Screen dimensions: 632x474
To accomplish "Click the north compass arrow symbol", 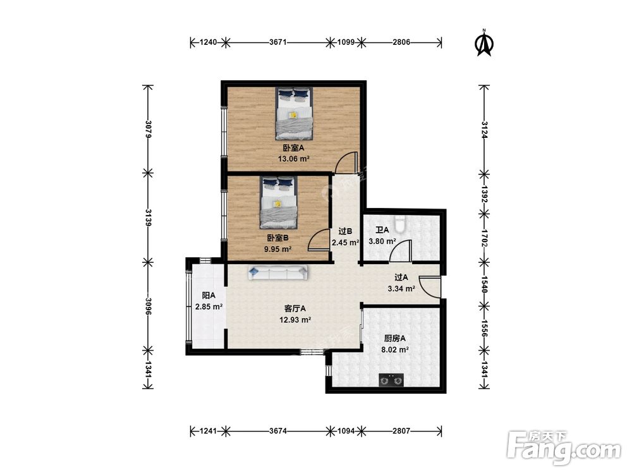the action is point(485,43).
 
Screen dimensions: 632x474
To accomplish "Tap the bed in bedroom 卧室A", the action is point(295,113).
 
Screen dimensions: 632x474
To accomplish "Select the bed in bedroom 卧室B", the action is point(279,202).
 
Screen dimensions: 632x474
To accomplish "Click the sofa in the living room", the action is point(278,273).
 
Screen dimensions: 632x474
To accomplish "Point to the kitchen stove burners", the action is point(391,380).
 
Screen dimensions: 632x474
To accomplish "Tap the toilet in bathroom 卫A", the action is point(399,224).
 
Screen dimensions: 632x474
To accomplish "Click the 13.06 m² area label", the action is point(294,159).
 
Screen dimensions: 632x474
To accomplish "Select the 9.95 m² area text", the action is point(277,249).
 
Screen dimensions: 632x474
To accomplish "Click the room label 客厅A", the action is point(295,309).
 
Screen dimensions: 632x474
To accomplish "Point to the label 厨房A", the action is point(395,339).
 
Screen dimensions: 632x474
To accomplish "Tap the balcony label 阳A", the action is point(209,295).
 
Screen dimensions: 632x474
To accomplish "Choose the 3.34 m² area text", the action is point(401,289).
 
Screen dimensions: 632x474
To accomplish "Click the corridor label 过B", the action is point(346,231).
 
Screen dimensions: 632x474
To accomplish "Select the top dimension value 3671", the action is point(278,42).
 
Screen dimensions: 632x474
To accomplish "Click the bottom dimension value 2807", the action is point(401,431).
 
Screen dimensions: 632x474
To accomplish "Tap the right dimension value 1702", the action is point(485,238).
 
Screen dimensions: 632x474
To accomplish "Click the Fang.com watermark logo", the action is point(564,448).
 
